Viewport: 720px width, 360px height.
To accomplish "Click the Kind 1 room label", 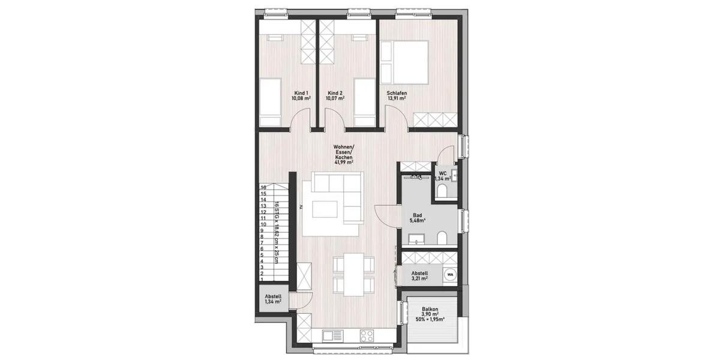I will pyautogui.click(x=301, y=93).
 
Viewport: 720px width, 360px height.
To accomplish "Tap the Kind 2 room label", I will pyautogui.click(x=335, y=93).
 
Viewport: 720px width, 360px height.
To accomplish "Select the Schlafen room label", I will pyautogui.click(x=397, y=93).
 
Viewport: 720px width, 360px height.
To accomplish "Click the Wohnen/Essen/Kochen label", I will pyautogui.click(x=344, y=152).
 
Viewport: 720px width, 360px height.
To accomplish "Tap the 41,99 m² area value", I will pyautogui.click(x=344, y=162).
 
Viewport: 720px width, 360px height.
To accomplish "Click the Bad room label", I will pyautogui.click(x=418, y=215).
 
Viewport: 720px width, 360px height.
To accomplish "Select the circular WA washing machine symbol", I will pyautogui.click(x=449, y=274).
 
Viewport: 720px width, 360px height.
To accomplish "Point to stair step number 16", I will pyautogui.click(x=263, y=187).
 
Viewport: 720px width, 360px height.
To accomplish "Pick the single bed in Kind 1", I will pyautogui.click(x=270, y=102).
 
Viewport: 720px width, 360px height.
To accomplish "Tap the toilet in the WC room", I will pyautogui.click(x=442, y=191).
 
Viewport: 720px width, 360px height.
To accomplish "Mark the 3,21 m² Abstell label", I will pyautogui.click(x=418, y=278).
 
